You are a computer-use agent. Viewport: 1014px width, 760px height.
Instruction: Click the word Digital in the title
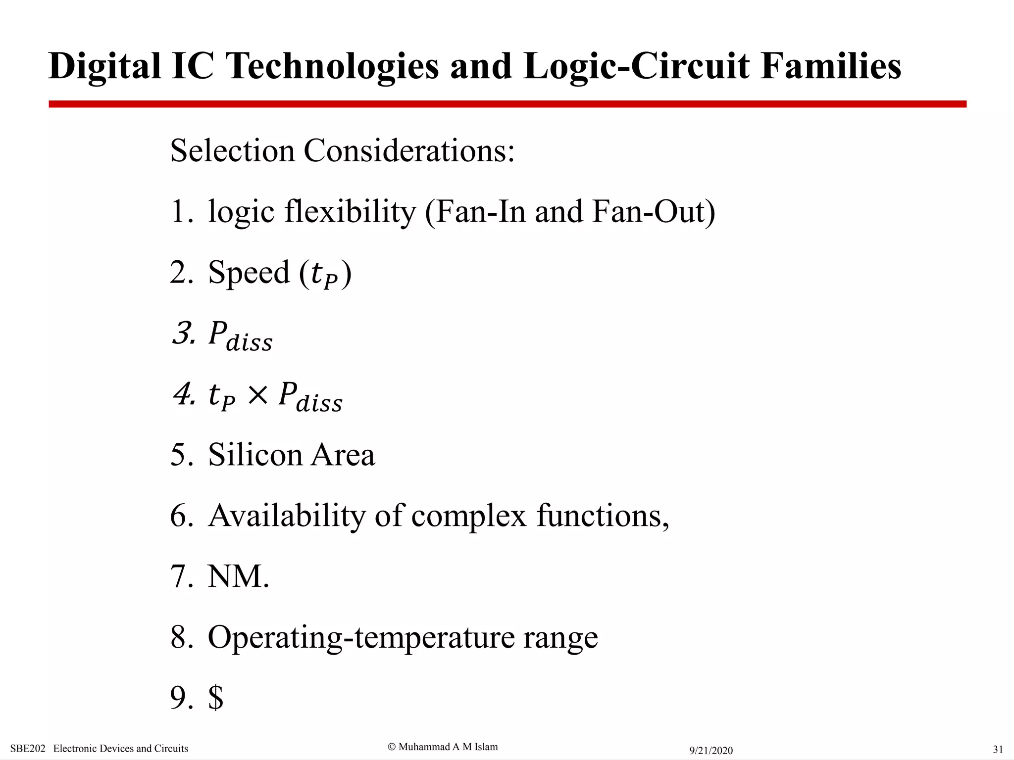coord(104,67)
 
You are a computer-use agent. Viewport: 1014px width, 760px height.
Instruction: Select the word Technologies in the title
coord(332,67)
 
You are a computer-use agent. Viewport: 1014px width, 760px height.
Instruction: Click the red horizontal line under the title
coord(507,104)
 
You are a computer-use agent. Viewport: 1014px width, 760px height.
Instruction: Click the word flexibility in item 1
coord(350,212)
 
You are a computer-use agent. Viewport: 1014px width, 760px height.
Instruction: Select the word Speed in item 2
coord(249,273)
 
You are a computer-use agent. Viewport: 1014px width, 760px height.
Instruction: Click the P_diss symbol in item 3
coord(240,335)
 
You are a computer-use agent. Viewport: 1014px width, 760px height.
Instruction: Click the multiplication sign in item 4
coord(257,395)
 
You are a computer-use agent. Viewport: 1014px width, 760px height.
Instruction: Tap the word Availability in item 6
coord(286,516)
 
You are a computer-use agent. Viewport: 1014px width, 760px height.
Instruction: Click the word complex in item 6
coord(468,516)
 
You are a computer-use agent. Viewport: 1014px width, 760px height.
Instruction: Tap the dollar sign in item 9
coord(216,698)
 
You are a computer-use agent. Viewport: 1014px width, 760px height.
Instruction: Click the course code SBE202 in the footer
coord(28,749)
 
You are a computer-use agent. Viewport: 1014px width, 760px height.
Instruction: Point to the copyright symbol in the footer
coord(392,747)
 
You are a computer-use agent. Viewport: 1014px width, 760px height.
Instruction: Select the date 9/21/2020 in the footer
coord(711,751)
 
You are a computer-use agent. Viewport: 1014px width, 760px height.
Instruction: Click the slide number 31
coord(998,749)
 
